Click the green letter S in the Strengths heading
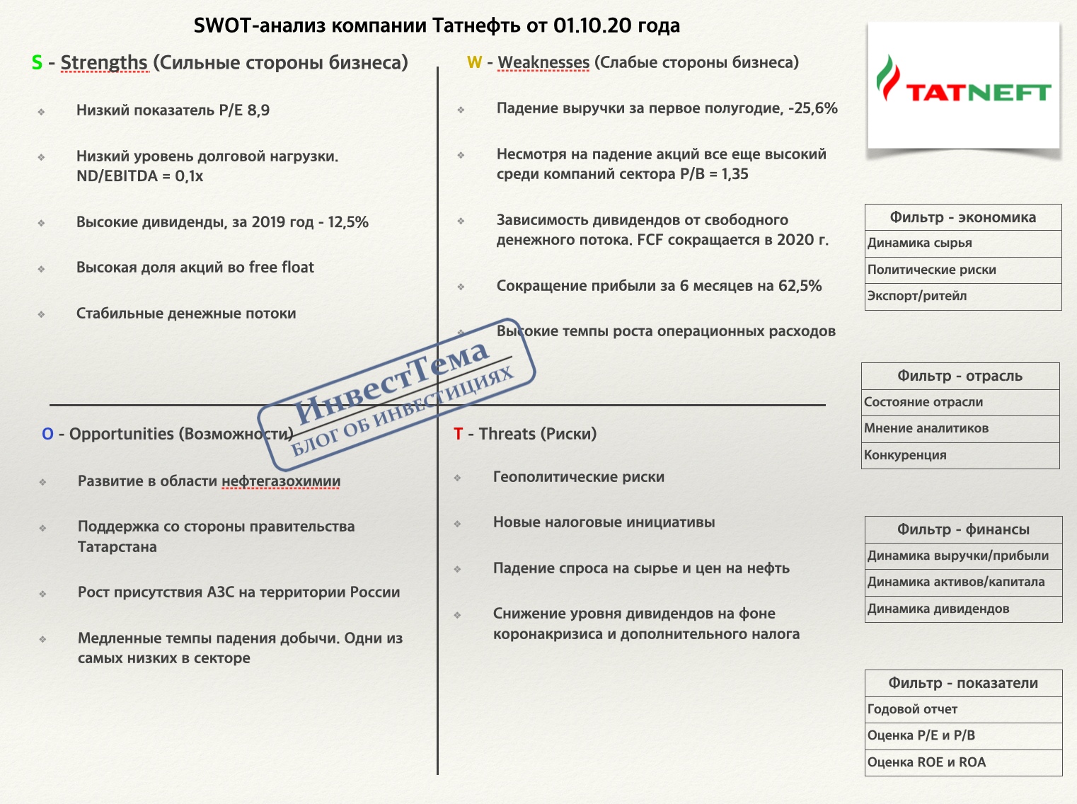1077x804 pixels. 37,63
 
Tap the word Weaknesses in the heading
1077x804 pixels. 543,63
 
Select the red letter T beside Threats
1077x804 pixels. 459,434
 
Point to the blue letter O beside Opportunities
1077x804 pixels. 47,434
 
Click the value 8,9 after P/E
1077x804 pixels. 258,110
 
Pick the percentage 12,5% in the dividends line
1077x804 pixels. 348,222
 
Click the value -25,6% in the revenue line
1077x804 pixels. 813,108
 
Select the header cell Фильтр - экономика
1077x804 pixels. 963,217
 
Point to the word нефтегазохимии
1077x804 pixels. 281,481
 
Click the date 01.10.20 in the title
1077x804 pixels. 592,26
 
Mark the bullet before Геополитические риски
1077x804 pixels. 458,478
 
